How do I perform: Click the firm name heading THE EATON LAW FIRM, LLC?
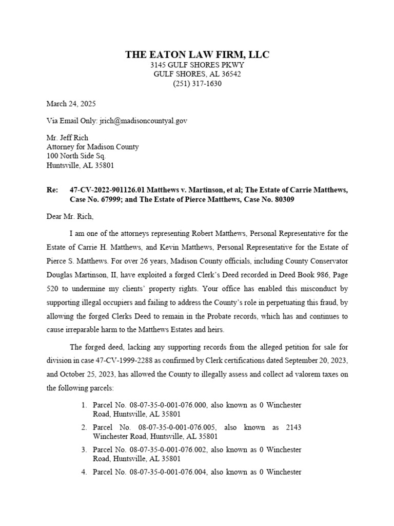tap(197, 54)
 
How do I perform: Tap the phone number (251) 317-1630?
tap(197, 84)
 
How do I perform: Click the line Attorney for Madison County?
tap(92, 147)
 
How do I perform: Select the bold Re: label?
tap(52, 190)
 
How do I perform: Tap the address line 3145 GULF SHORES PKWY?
tap(197, 65)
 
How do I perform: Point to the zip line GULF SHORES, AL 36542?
tap(197, 74)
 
